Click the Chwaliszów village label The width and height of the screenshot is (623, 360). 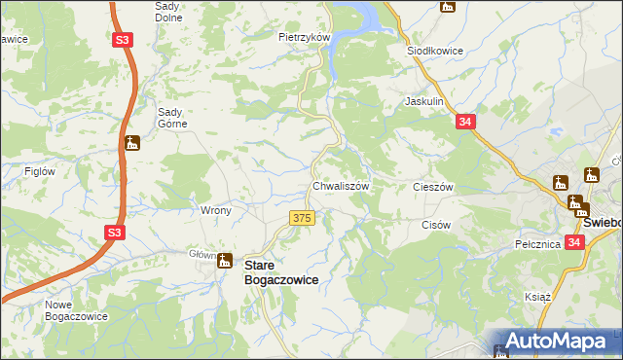click(339, 186)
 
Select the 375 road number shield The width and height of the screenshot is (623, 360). click(302, 218)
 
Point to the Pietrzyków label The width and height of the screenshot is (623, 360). click(305, 37)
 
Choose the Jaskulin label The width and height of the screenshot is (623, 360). click(424, 101)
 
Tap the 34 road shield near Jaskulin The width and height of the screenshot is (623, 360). click(466, 122)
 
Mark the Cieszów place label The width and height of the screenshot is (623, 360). click(434, 186)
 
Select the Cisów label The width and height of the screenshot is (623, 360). click(435, 225)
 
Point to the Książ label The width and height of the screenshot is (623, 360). click(538, 296)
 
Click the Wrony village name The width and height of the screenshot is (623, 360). click(215, 210)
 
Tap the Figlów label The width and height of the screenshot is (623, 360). click(38, 171)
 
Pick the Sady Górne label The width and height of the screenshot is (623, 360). click(176, 117)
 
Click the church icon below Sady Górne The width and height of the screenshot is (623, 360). click(132, 144)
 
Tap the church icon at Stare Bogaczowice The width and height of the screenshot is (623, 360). click(225, 260)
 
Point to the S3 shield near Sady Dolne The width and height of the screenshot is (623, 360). click(122, 41)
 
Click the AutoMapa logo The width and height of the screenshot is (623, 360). click(555, 342)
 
